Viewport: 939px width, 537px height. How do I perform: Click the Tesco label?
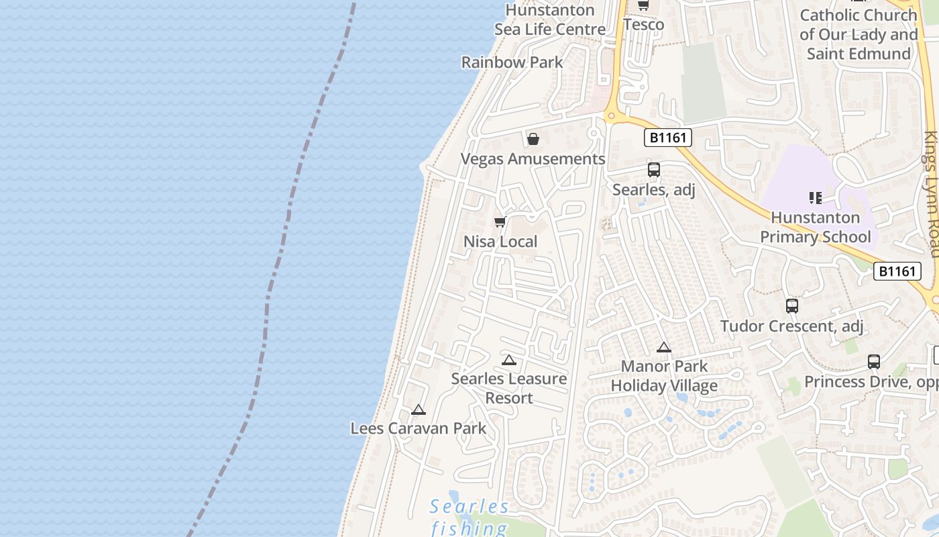(x=643, y=25)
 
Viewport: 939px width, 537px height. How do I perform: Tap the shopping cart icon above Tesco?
(x=643, y=5)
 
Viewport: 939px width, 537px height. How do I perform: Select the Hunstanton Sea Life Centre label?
(x=550, y=20)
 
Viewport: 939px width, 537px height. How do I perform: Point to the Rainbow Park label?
(x=512, y=62)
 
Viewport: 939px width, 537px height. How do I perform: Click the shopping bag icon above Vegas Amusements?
(x=533, y=139)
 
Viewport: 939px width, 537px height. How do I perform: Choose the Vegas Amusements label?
(x=533, y=159)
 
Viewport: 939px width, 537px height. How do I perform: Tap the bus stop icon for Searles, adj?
(x=654, y=170)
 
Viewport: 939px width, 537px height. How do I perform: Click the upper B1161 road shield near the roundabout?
(x=668, y=138)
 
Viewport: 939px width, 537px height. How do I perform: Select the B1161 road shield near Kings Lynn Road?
(x=897, y=271)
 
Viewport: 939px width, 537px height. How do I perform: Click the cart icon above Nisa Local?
(x=500, y=222)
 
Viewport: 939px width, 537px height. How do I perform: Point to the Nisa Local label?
(x=500, y=242)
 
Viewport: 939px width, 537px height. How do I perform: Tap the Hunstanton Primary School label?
(x=816, y=227)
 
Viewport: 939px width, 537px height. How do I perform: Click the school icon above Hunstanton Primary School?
(x=816, y=198)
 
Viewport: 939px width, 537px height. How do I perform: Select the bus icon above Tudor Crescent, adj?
(x=792, y=306)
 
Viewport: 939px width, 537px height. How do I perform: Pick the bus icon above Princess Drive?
(x=874, y=362)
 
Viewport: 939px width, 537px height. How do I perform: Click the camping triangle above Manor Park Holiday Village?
(x=664, y=348)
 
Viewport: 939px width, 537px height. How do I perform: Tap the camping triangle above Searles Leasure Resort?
(x=509, y=360)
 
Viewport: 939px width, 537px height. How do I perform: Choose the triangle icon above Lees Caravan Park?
(x=419, y=410)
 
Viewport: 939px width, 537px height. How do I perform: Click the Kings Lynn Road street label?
(x=931, y=195)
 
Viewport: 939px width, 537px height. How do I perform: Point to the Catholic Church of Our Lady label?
(x=859, y=34)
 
